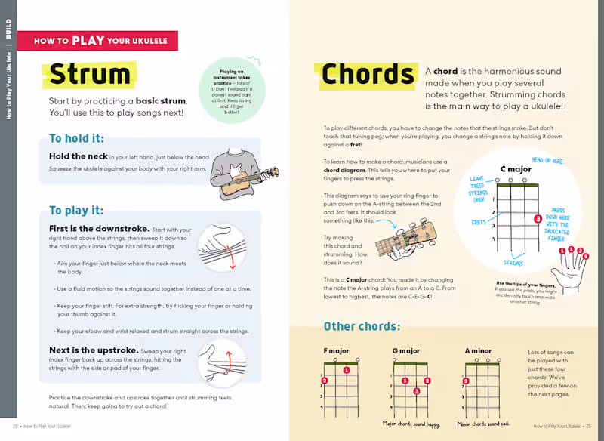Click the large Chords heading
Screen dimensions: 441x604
tap(368, 75)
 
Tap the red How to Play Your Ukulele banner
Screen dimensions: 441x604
tap(97, 41)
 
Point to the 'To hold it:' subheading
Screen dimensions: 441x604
tap(76, 138)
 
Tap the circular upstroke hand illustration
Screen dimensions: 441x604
tap(221, 363)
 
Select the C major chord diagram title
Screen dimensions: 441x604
tap(516, 169)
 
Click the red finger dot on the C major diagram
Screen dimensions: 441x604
tap(538, 218)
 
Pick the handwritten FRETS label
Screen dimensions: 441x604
tap(479, 223)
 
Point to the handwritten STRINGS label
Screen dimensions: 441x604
tap(513, 264)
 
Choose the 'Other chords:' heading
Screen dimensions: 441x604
tap(362, 326)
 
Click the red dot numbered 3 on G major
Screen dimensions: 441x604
tap(416, 391)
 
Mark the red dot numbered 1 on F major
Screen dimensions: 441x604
tap(346, 370)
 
